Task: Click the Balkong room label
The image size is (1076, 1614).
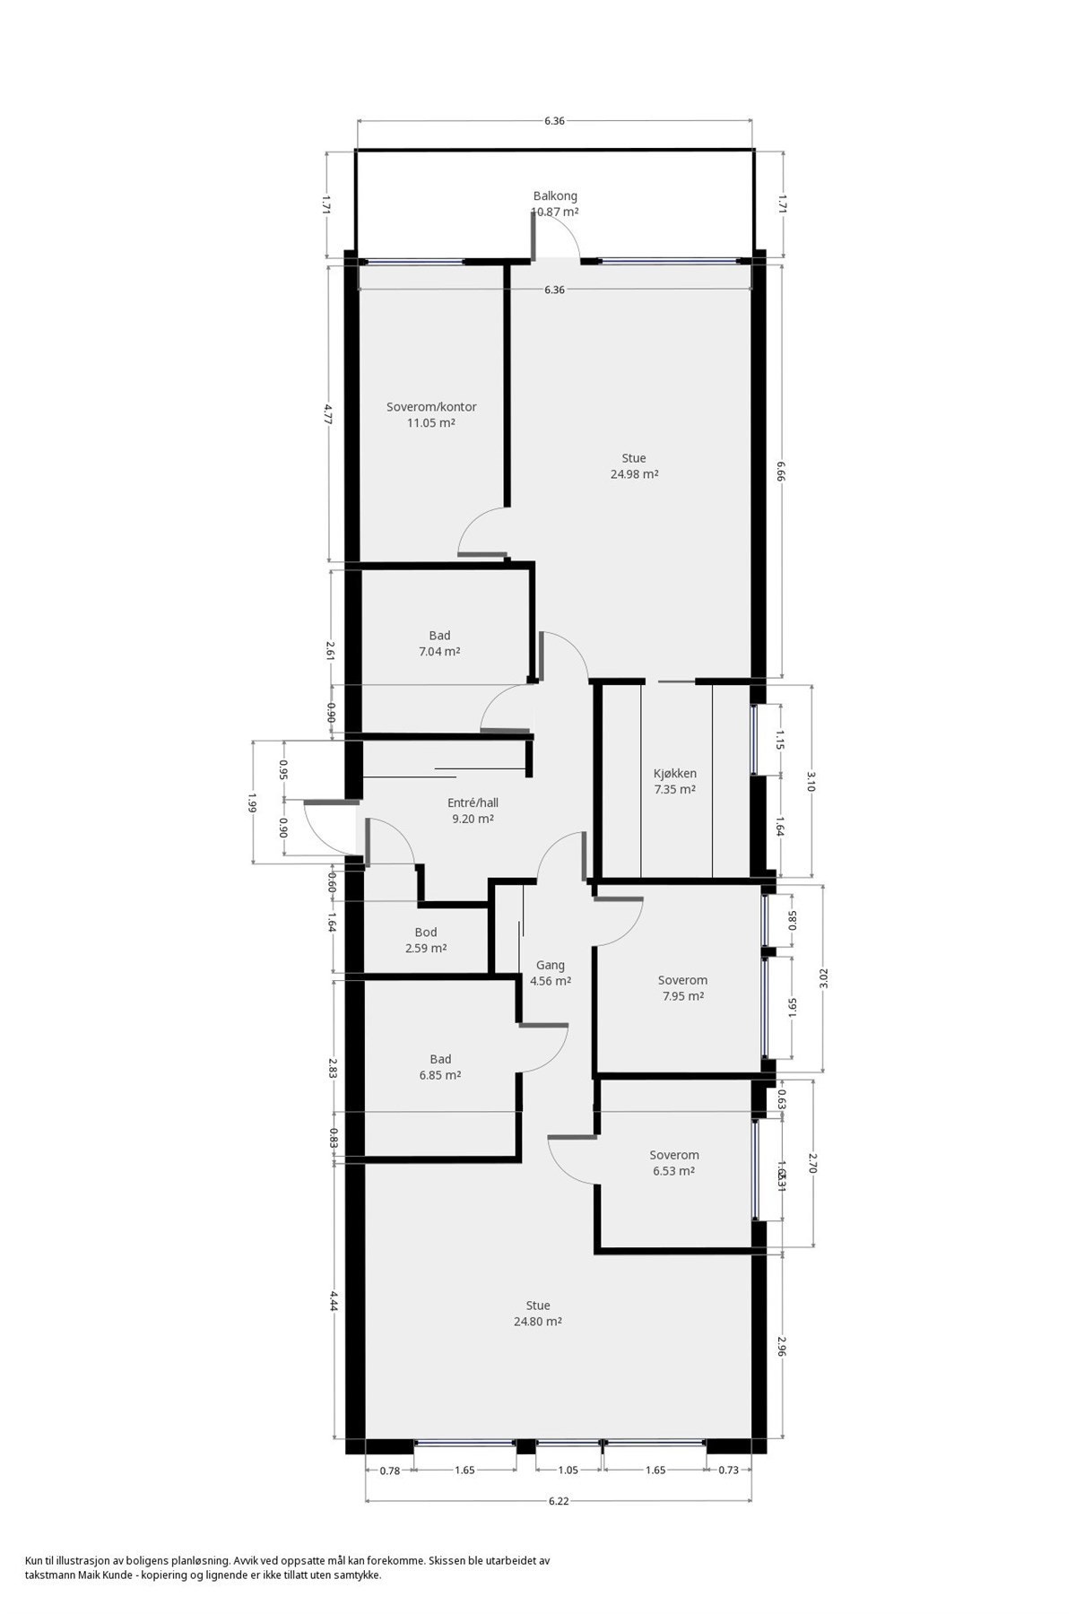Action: point(555,195)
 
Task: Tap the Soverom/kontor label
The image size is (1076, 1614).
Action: point(431,407)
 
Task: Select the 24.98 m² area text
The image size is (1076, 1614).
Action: point(635,474)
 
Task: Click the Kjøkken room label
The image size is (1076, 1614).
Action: point(675,774)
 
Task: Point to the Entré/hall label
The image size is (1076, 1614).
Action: point(473,803)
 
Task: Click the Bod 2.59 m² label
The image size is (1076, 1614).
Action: point(426,940)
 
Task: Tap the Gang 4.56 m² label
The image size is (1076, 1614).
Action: point(551,973)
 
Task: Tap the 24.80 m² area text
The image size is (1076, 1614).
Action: point(538,1322)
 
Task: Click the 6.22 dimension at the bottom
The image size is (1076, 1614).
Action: point(559,1501)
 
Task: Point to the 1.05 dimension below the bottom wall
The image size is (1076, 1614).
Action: point(568,1471)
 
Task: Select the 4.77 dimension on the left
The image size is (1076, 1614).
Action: point(329,413)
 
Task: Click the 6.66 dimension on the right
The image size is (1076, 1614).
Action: point(781,472)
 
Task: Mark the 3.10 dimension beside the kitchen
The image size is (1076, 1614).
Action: point(811,781)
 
